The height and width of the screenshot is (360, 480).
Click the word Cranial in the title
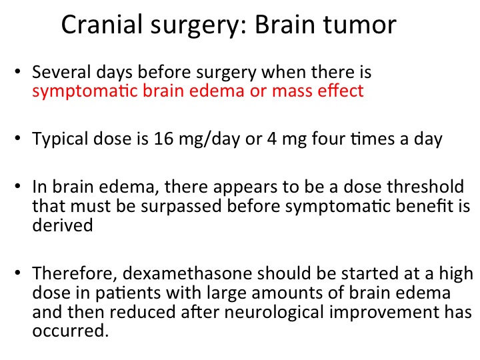[102, 25]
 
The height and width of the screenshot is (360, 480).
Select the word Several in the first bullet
[61, 72]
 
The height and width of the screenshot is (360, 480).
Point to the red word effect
[341, 91]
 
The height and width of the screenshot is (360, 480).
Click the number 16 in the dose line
[163, 139]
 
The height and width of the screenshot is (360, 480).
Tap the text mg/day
[209, 139]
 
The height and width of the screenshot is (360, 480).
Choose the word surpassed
[181, 206]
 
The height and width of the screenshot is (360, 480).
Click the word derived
[63, 225]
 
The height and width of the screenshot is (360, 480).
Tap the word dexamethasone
[187, 273]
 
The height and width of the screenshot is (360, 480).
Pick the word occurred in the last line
[71, 331]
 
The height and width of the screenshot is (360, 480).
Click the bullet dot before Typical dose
[17, 138]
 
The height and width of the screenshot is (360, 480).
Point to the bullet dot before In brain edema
[17, 186]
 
